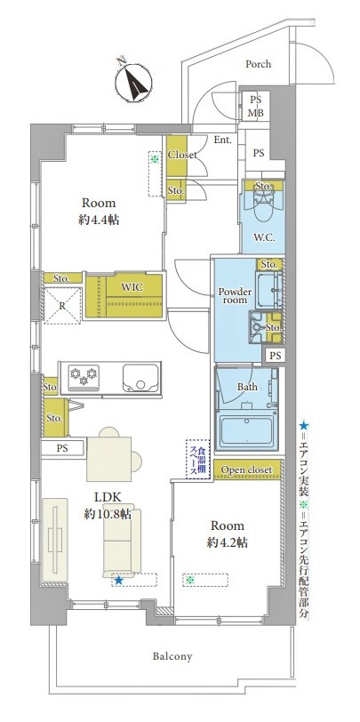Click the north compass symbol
pyautogui.click(x=133, y=83)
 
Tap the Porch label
pyautogui.click(x=258, y=64)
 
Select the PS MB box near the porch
pyautogui.click(x=256, y=106)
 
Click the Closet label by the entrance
pyautogui.click(x=182, y=155)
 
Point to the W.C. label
pyautogui.click(x=264, y=237)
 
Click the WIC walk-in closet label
pyautogui.click(x=132, y=287)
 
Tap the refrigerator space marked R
pyautogui.click(x=61, y=305)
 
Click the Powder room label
pyautogui.click(x=235, y=295)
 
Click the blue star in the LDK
pyautogui.click(x=119, y=581)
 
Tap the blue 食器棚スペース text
pyautogui.click(x=197, y=459)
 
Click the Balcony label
pyautogui.click(x=172, y=656)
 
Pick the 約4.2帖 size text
pyautogui.click(x=228, y=542)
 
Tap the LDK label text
pyautogui.click(x=108, y=497)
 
